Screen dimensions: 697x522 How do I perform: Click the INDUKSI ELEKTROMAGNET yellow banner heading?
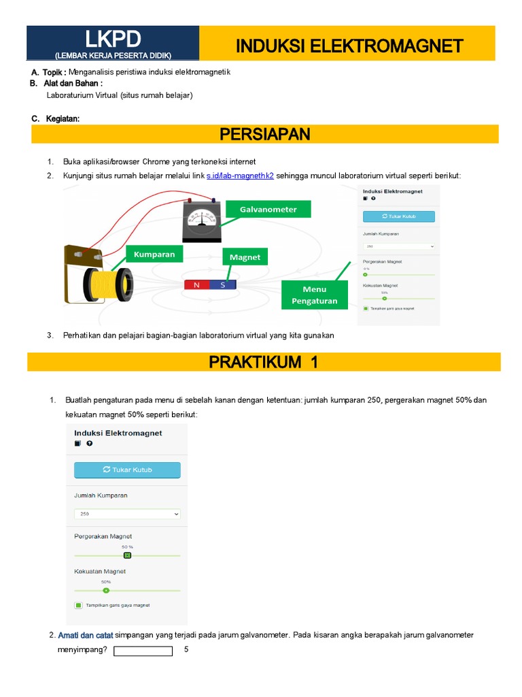point(349,46)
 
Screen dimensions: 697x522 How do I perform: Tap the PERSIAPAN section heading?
point(265,134)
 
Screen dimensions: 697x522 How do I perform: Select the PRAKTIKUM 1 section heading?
point(264,362)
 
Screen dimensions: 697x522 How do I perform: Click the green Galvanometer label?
point(268,209)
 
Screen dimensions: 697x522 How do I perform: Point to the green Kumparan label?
point(154,254)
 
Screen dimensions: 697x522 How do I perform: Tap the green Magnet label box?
point(245,257)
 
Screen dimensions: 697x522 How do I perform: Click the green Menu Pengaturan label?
point(314,295)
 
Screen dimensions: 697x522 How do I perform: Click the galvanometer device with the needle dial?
point(201,221)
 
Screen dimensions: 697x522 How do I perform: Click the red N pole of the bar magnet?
point(196,285)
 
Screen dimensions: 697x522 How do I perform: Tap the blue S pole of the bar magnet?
point(222,285)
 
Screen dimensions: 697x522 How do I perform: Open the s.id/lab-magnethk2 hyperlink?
point(240,176)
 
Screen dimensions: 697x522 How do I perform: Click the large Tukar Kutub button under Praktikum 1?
point(127,470)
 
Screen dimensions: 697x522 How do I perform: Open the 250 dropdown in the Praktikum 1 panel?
point(127,514)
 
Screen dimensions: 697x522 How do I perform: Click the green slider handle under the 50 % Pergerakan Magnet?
point(127,555)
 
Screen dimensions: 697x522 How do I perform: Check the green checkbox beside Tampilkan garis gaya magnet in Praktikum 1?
point(79,605)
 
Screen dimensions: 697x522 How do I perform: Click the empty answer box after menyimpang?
point(143,651)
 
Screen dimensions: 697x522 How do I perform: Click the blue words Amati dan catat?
point(86,635)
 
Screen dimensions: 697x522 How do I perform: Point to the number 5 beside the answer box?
point(186,650)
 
